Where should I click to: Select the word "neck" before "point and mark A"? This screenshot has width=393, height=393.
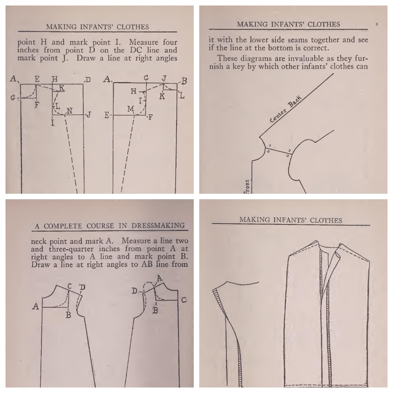[x=39, y=241]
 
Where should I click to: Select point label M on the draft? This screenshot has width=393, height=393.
[x=130, y=108]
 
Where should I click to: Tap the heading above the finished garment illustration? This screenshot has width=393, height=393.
[x=290, y=220]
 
